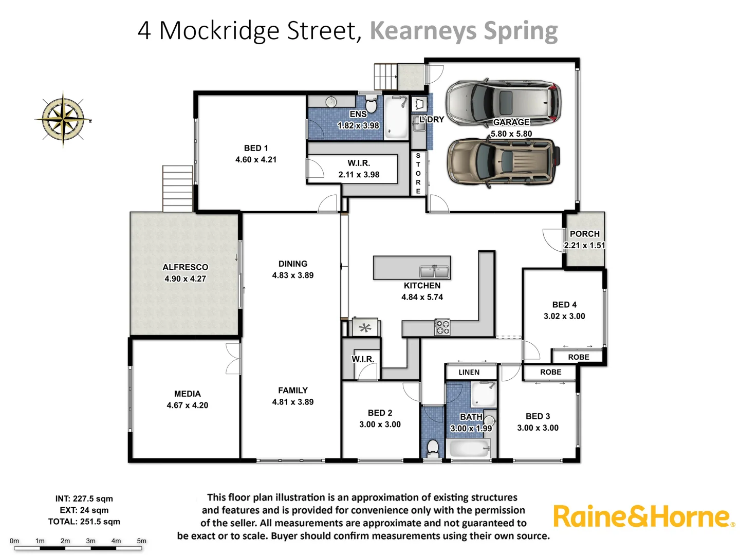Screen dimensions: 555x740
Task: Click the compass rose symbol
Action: (63, 119)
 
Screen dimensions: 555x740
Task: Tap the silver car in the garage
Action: (503, 101)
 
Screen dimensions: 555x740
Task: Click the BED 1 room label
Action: (256, 148)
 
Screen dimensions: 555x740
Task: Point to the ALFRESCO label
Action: (185, 267)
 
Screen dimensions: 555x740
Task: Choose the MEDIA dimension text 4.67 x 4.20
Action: (187, 405)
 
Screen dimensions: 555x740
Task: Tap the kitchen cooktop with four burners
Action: (442, 327)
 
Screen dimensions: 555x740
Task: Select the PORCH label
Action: (584, 234)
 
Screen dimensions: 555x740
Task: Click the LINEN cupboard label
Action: (469, 372)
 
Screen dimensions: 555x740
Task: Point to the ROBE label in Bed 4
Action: (579, 357)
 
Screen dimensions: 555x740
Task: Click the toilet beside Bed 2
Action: (433, 448)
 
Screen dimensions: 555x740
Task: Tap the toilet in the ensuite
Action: (371, 105)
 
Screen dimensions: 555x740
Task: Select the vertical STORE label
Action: (418, 173)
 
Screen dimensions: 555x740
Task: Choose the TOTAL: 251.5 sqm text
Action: (84, 522)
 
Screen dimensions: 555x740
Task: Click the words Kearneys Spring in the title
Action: (464, 31)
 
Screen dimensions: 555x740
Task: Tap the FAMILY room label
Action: (293, 391)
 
